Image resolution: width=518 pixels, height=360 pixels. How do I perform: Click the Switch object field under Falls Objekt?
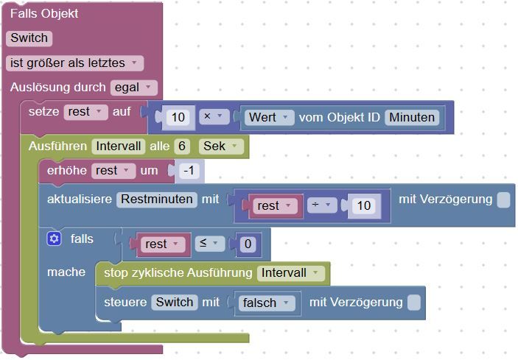[29, 38]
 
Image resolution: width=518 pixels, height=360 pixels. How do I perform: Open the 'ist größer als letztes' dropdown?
[74, 63]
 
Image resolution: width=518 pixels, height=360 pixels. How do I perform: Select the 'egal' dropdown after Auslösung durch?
[133, 88]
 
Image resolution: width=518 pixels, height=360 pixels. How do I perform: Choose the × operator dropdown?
[212, 117]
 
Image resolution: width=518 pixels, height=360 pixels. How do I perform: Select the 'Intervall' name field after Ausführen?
[118, 147]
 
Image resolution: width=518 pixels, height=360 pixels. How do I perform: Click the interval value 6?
[183, 147]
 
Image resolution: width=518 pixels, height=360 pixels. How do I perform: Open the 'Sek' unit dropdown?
[220, 147]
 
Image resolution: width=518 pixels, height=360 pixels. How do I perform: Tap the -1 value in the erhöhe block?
[190, 171]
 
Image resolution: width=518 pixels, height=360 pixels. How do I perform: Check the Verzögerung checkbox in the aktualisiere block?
[503, 200]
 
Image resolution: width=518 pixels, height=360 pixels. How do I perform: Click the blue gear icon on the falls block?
[53, 239]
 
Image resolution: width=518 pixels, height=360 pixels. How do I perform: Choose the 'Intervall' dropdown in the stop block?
[290, 273]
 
